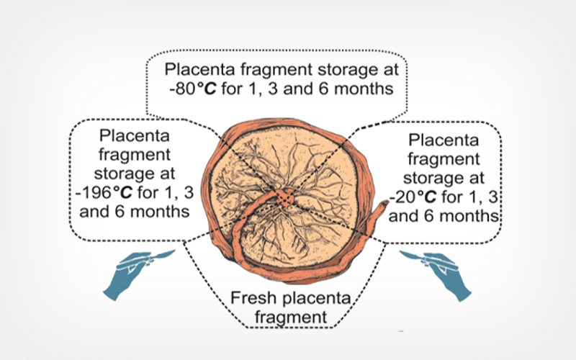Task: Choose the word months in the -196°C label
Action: tap(158, 213)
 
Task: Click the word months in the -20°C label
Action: tap(472, 215)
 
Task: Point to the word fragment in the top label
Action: tap(279, 71)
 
